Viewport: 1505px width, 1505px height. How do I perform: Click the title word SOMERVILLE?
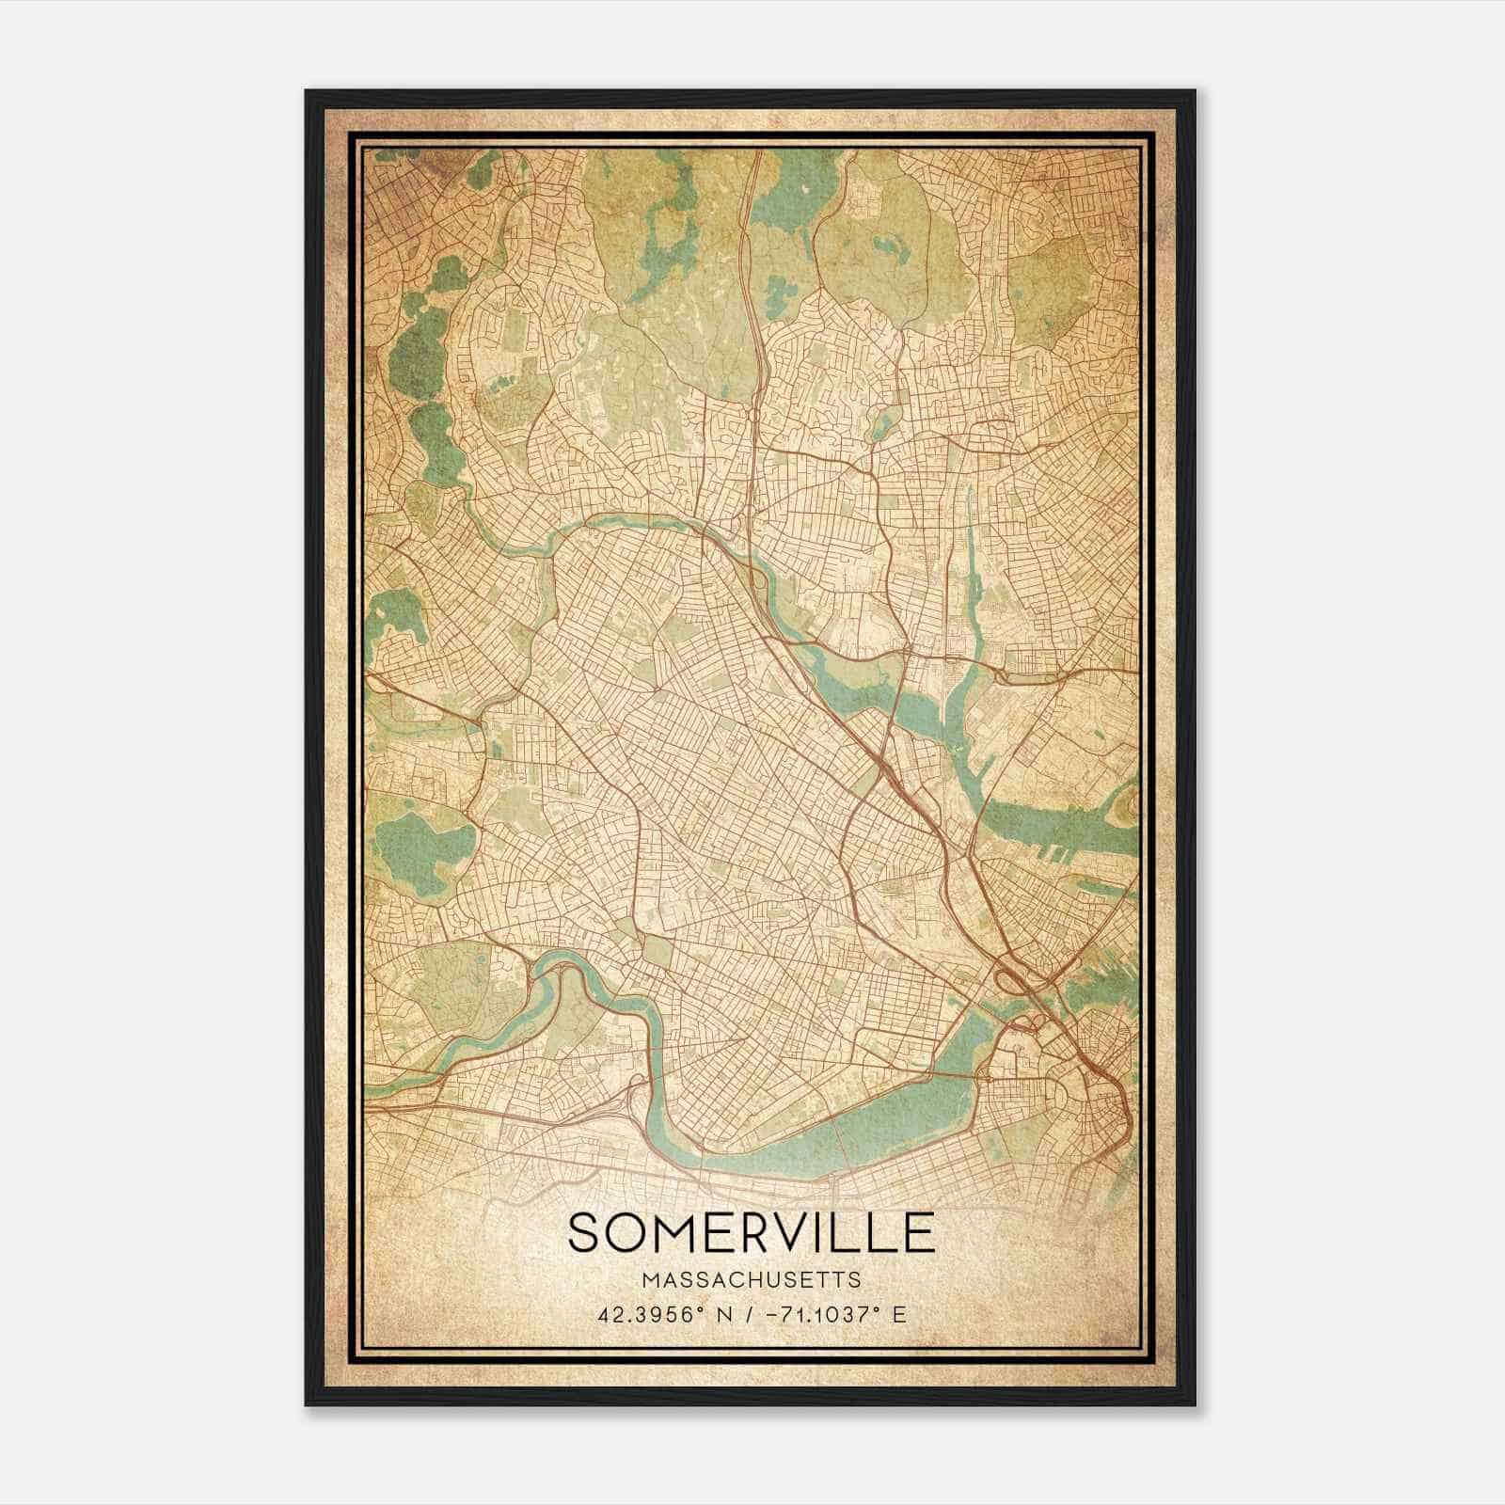click(752, 1232)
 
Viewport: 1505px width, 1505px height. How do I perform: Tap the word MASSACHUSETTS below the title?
click(752, 1279)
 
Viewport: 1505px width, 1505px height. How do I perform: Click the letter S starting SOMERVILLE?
click(584, 1232)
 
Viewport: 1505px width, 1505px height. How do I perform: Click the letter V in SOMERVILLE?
click(786, 1232)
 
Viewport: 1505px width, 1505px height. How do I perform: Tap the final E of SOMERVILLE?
click(919, 1232)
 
